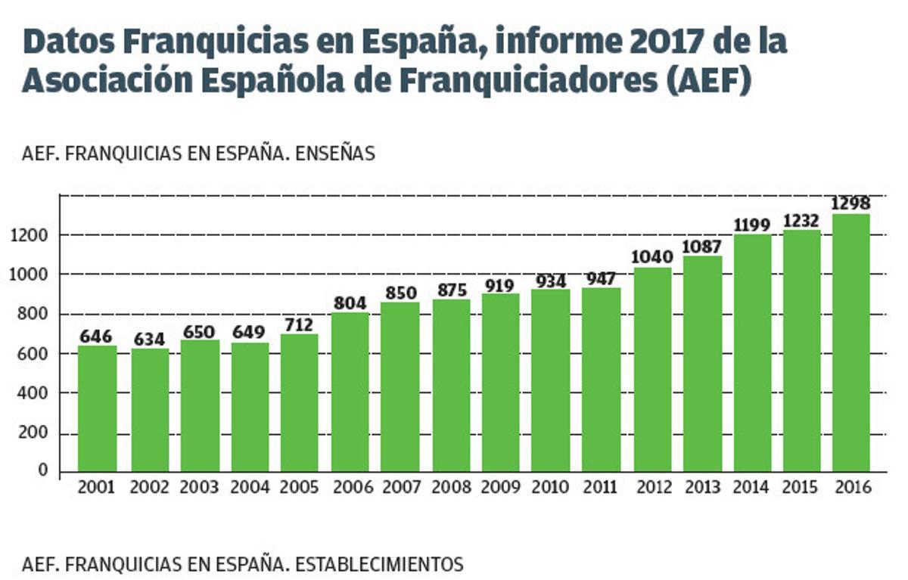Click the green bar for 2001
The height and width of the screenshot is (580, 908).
point(97,408)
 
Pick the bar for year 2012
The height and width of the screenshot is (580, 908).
point(652,370)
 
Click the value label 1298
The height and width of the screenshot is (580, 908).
point(850,203)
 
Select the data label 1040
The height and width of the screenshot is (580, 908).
point(651,256)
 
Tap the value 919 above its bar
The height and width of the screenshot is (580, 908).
point(499,285)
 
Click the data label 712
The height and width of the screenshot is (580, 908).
point(299,324)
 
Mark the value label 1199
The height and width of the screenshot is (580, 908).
point(751,225)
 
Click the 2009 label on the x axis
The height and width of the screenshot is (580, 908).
point(500,488)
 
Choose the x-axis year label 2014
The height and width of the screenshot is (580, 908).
point(751,488)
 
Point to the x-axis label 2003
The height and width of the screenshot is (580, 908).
point(199,488)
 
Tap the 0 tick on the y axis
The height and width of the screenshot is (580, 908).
point(43,471)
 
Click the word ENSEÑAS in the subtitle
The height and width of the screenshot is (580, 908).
point(335,153)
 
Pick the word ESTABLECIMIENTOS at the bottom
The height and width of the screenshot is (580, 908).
point(379,564)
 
